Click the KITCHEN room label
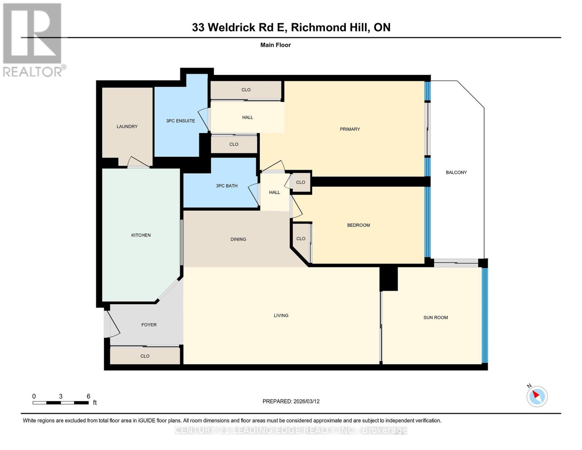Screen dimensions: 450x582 (141, 235)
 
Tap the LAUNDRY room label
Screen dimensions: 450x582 (127, 126)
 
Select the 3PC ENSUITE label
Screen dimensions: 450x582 (180, 121)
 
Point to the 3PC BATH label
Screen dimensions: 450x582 (226, 186)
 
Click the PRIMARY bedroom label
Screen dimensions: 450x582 (350, 129)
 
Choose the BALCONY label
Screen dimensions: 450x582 (456, 172)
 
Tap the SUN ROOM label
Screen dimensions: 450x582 (435, 317)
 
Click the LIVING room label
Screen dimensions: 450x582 (281, 315)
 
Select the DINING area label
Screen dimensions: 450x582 (238, 239)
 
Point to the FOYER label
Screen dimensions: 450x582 (149, 325)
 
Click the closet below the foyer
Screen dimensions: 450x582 (145, 356)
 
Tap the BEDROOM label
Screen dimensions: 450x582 (358, 225)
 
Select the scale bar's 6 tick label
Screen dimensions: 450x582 (88, 396)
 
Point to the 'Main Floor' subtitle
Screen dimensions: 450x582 (275, 45)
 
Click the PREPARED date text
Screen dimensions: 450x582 (291, 401)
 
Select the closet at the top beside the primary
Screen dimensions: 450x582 (246, 90)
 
